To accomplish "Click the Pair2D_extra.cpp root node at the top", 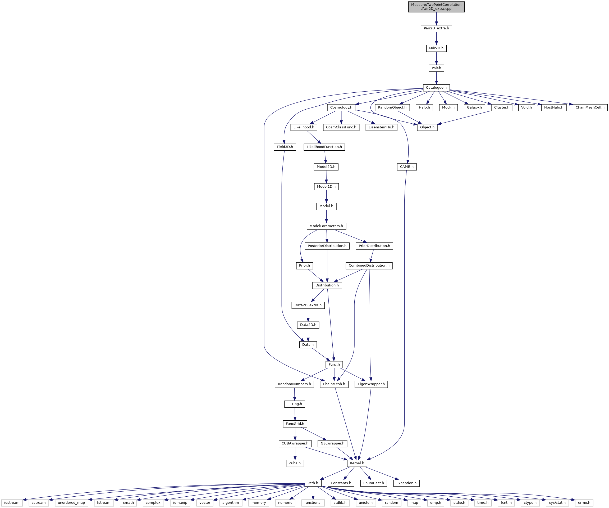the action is (436, 7).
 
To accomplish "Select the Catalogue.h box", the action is (436, 88).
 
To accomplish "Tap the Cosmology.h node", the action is (341, 107).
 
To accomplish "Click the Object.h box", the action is (427, 127).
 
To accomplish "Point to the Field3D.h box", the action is (285, 147).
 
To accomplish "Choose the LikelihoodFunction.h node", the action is (324, 147).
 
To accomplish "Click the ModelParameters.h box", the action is (326, 226).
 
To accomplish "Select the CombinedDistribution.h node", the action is (369, 266).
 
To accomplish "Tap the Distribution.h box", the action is (327, 285).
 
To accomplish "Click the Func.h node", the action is (334, 365).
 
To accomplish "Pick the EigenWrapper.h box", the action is (371, 384).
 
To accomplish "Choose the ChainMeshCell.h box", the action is (590, 107).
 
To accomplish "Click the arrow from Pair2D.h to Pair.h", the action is (436, 58).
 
